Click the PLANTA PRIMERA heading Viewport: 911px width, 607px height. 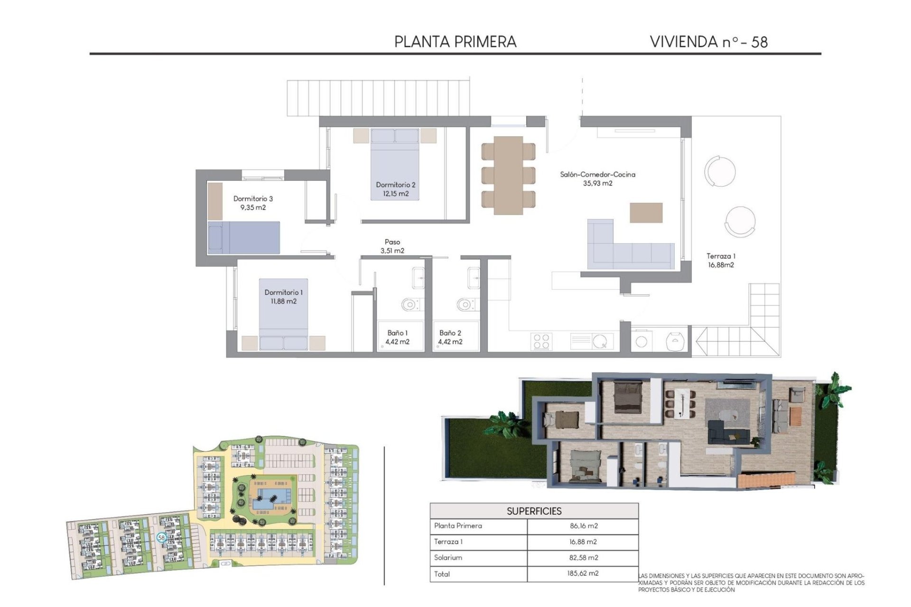click(x=455, y=42)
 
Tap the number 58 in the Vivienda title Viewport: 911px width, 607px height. click(x=759, y=42)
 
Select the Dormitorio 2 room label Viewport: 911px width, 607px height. click(x=395, y=185)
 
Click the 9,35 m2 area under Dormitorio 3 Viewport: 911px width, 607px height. click(x=253, y=208)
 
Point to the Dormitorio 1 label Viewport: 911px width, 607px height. click(x=283, y=293)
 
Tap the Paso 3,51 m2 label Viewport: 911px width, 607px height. click(x=392, y=247)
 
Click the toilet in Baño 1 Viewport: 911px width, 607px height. click(x=410, y=304)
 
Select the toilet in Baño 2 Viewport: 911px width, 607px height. click(x=465, y=304)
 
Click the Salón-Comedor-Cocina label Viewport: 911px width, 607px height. click(x=597, y=175)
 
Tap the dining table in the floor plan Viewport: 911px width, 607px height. click(x=509, y=175)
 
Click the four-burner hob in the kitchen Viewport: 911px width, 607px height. click(x=541, y=341)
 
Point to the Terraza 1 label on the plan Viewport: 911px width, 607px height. click(x=721, y=256)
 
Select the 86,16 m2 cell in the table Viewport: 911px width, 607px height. click(x=583, y=526)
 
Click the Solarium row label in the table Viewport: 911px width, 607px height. click(x=448, y=558)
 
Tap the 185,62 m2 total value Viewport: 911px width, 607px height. click(x=583, y=573)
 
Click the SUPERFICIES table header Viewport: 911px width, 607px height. click(x=534, y=511)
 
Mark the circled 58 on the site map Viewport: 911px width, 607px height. click(x=161, y=538)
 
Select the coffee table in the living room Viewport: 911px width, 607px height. click(x=646, y=212)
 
